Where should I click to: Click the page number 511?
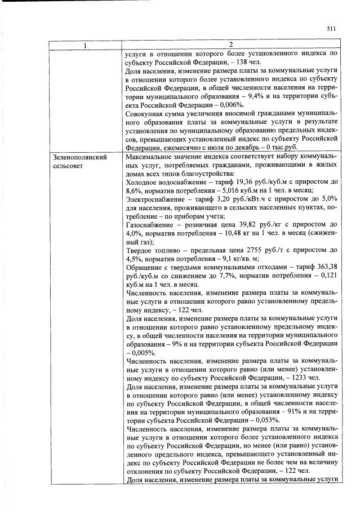[331, 29]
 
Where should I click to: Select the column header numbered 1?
[85, 45]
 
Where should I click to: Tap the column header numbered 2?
[230, 45]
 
